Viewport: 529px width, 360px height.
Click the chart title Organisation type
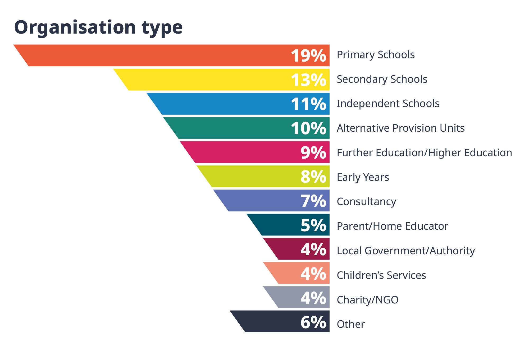pos(98,27)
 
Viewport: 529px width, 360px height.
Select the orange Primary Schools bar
pos(159,55)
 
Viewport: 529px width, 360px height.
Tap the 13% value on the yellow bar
pos(308,80)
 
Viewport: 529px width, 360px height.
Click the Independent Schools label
pos(388,104)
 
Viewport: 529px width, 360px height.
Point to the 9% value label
pos(313,153)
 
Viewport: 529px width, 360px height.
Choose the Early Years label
pos(363,177)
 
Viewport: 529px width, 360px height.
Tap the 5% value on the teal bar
pos(313,225)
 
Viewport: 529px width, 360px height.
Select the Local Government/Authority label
pos(405,251)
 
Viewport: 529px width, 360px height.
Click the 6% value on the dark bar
pos(313,322)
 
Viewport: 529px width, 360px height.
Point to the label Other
pos(350,324)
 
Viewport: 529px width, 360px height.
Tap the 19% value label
pos(308,56)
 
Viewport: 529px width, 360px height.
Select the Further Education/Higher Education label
pos(424,153)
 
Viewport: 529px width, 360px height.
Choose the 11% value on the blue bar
pos(308,104)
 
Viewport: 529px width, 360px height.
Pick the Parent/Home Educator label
pos(392,226)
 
